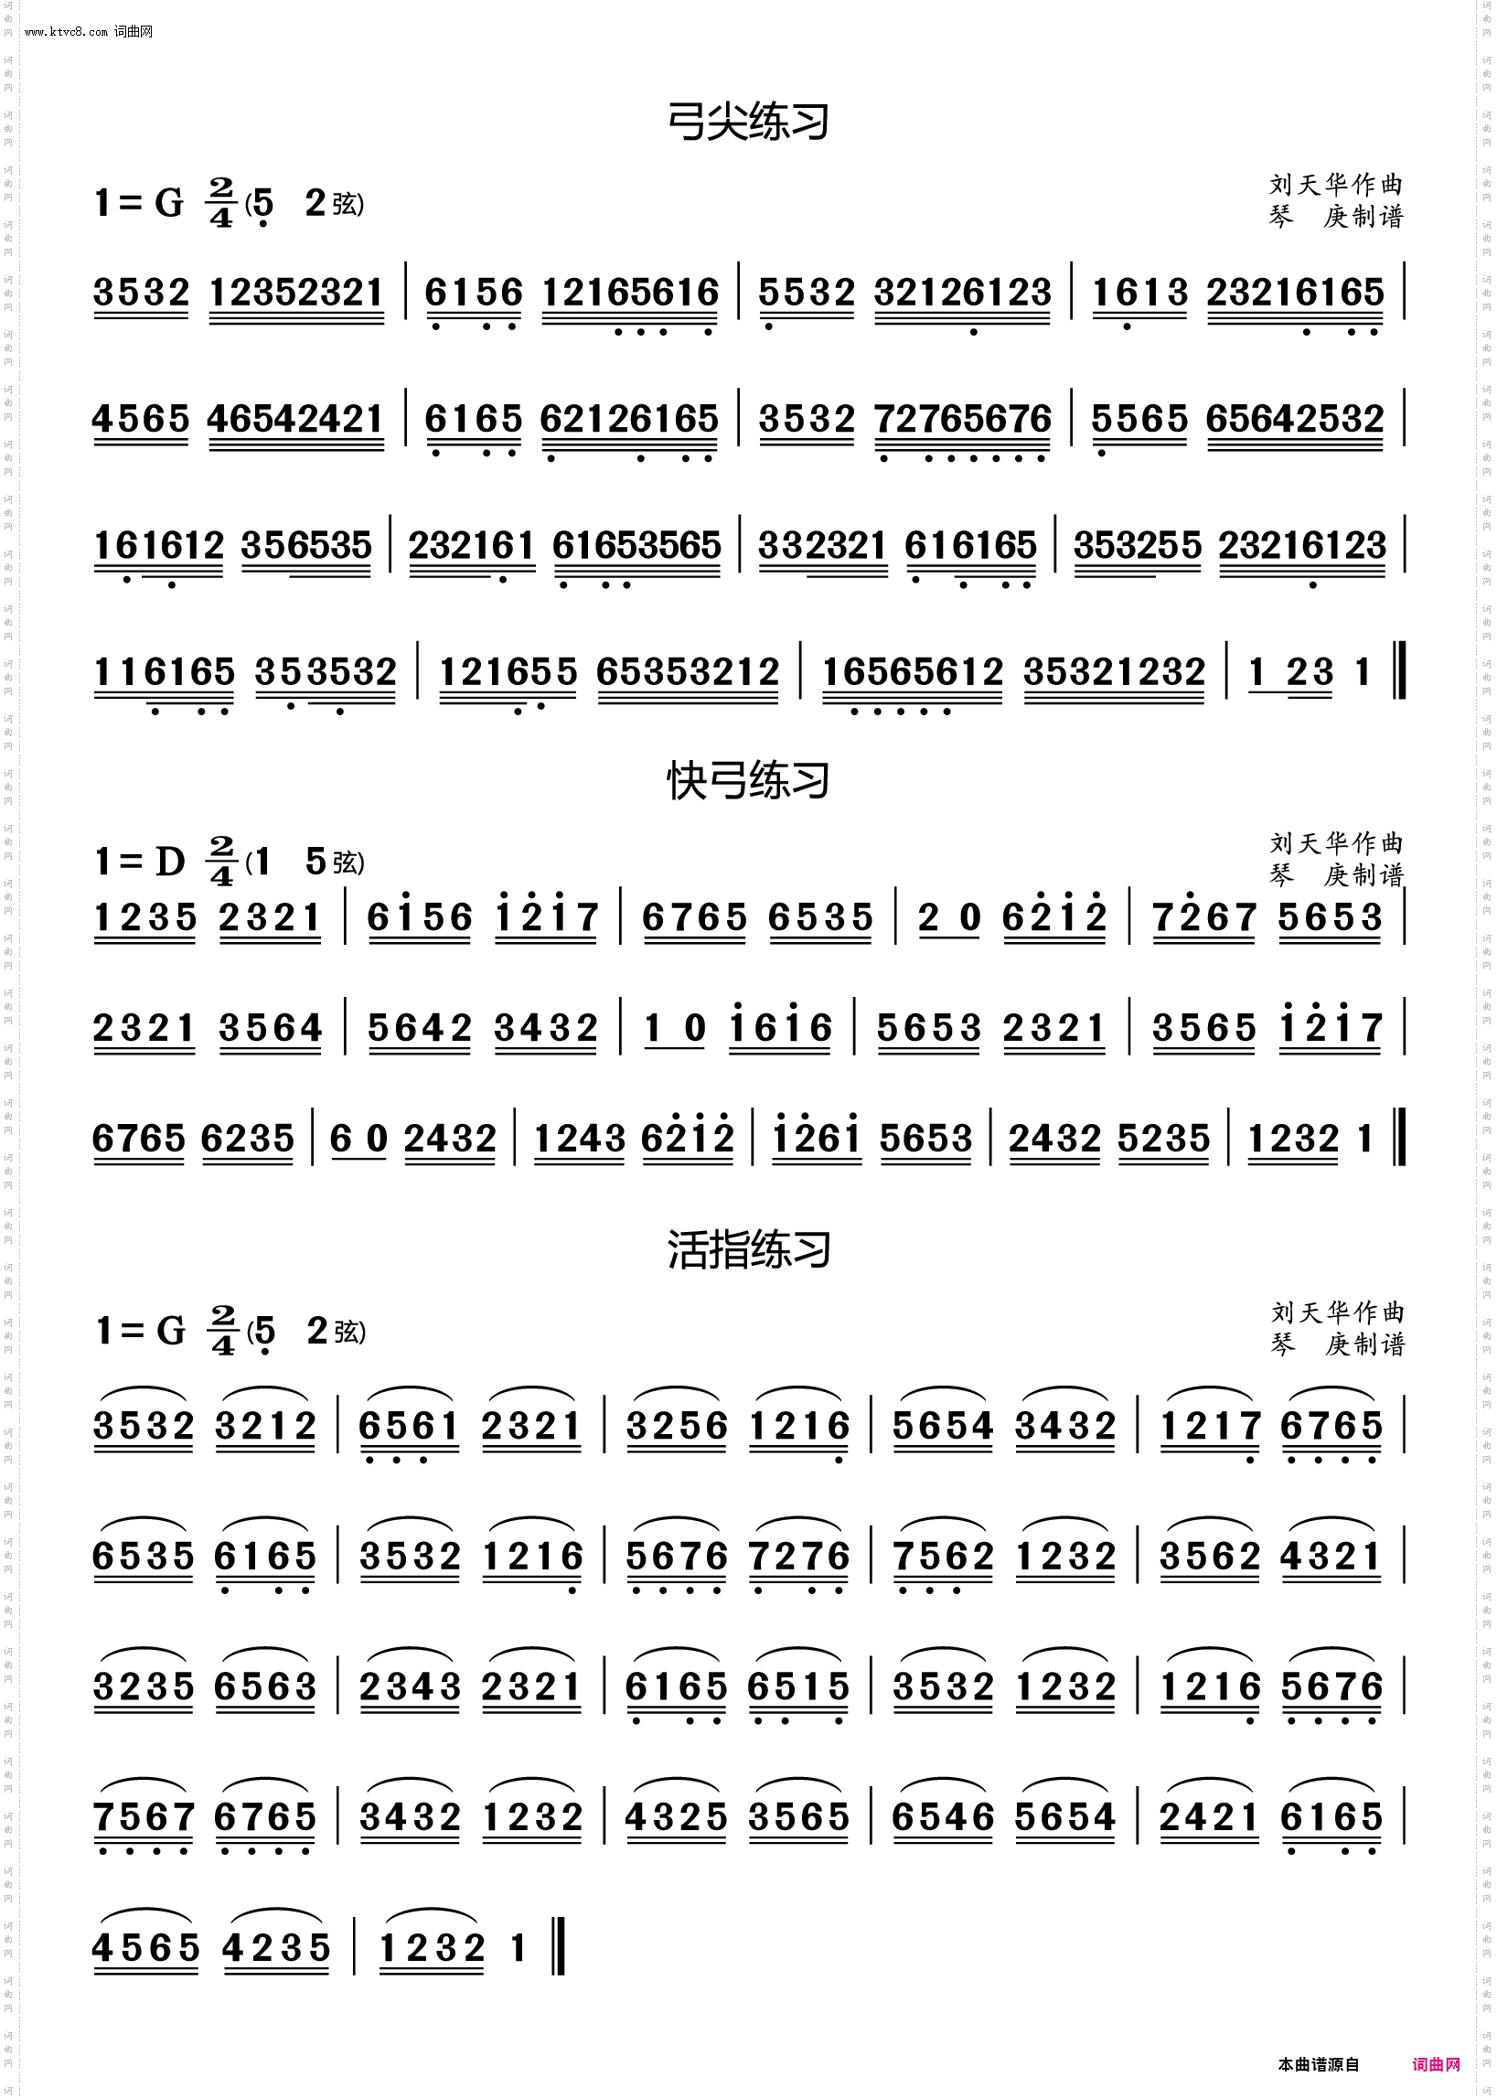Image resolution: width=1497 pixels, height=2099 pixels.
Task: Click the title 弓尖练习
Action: [x=747, y=123]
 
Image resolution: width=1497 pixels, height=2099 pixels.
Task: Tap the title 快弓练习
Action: [x=747, y=782]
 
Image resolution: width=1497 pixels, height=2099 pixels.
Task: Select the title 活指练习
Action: [x=748, y=1251]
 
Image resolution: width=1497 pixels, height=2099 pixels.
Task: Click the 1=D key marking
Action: [x=140, y=862]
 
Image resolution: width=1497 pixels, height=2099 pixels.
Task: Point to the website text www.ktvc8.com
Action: [x=67, y=32]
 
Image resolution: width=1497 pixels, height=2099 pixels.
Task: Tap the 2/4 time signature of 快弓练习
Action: [x=222, y=861]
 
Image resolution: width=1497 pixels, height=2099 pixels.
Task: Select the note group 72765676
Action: [x=962, y=421]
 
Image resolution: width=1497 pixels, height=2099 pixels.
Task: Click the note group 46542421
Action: [x=295, y=421]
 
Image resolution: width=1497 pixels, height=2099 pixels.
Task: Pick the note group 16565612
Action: [x=912, y=673]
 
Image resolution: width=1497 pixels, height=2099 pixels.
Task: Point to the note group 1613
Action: [x=1139, y=295]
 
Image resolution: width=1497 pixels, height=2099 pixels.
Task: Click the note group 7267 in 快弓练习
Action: [x=1203, y=918]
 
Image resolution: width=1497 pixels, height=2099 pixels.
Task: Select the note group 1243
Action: [x=579, y=1140]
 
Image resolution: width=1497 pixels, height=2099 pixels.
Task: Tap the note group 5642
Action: [x=420, y=1029]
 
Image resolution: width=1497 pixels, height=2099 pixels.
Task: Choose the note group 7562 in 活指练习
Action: [x=943, y=1558]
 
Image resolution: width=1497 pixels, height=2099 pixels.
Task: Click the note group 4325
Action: [x=676, y=1818]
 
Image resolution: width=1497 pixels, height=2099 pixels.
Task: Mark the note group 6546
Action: [x=942, y=1818]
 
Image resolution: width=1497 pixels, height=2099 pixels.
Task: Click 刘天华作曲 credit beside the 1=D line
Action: [x=1336, y=843]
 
